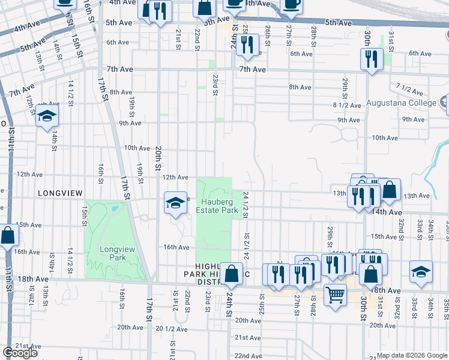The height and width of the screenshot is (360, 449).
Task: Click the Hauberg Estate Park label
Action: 214,205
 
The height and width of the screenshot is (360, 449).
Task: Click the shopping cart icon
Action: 335,293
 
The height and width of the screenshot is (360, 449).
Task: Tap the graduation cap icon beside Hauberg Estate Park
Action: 175,202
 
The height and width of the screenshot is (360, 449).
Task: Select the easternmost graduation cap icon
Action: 421,271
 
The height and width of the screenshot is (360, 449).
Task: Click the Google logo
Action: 20,353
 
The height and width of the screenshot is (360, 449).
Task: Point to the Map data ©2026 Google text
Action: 412,355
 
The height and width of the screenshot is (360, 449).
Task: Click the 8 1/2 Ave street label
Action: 348,105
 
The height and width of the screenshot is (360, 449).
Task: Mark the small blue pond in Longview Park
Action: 114,209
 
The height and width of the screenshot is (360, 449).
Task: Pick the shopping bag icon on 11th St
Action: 7,235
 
